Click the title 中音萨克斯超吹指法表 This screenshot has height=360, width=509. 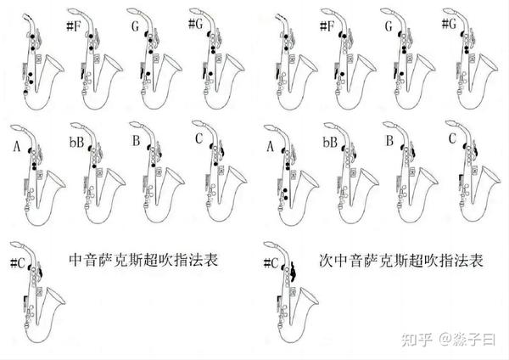click(143, 260)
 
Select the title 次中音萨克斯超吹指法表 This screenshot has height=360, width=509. click(401, 261)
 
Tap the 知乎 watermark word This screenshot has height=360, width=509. click(417, 340)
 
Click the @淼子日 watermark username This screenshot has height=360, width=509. click(467, 340)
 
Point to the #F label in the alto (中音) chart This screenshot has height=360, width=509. click(73, 25)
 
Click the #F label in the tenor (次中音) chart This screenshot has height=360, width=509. click(327, 25)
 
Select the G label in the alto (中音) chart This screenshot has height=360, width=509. click(135, 26)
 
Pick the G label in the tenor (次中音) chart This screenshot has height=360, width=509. click(389, 26)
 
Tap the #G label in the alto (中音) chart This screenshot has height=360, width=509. click(195, 24)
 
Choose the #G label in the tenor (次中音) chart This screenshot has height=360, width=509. click(450, 23)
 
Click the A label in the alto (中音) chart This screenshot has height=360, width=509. click(17, 147)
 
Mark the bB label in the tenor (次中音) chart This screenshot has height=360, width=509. click(330, 142)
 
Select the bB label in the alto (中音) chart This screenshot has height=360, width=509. click(76, 142)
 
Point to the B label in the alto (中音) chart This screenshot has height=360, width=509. click(136, 141)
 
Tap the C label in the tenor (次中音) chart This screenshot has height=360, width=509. click(452, 138)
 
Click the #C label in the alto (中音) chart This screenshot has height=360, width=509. click(18, 262)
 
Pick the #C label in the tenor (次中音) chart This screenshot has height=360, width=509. click(271, 262)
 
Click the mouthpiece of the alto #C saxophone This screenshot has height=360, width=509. click(16, 245)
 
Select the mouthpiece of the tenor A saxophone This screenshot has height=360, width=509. click(270, 127)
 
